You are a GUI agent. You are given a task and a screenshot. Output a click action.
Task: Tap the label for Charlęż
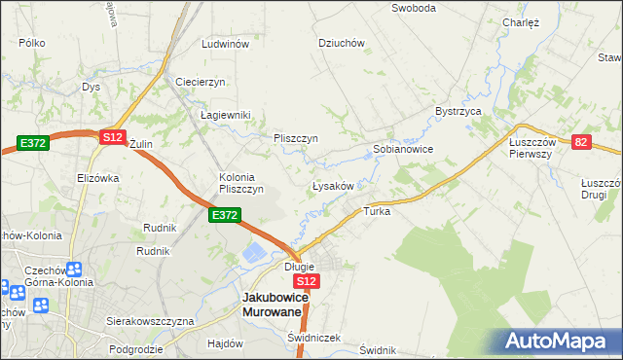[521, 22]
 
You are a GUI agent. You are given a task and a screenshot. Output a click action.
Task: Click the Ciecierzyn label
[201, 82]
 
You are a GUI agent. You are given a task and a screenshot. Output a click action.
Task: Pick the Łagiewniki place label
[226, 115]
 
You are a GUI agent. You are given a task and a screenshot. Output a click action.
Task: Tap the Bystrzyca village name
[459, 112]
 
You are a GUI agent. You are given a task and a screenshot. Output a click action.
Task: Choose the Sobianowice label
[403, 150]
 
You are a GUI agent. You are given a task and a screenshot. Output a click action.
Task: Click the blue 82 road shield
[581, 142]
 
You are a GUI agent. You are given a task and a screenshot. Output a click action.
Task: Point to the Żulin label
[142, 144]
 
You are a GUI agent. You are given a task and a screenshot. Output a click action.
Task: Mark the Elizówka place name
[97, 178]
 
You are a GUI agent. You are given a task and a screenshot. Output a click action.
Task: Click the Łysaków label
[338, 185]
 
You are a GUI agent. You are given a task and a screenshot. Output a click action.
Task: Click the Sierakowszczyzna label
[151, 320]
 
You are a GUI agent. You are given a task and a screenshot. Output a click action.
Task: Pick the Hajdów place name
[225, 343]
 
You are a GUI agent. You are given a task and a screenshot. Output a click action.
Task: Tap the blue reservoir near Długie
[253, 254]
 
